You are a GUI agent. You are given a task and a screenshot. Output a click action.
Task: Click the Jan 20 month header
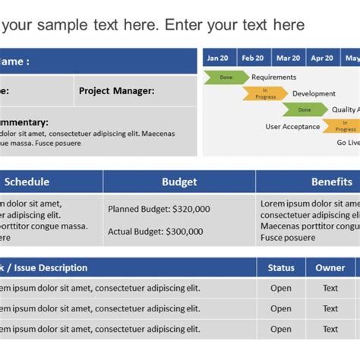click(218, 58)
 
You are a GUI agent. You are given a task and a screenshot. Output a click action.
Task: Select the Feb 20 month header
click(253, 58)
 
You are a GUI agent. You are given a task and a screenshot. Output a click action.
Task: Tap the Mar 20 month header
click(288, 58)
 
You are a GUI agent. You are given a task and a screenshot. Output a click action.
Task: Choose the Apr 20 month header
click(322, 58)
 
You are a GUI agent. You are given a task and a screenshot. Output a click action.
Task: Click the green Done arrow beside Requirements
click(226, 77)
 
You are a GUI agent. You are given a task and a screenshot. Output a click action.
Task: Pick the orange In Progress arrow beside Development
click(264, 93)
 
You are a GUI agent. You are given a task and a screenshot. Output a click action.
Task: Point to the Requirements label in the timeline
click(274, 77)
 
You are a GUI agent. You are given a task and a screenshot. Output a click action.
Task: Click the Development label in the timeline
click(314, 93)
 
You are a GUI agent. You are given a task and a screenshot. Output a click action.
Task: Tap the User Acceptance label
click(292, 127)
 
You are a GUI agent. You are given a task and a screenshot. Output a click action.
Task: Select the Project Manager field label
click(116, 90)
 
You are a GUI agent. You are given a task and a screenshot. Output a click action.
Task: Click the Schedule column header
click(27, 182)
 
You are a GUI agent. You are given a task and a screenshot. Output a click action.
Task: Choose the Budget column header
click(179, 182)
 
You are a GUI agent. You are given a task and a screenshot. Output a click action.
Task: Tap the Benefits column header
click(332, 182)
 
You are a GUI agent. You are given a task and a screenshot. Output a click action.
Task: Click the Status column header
click(281, 267)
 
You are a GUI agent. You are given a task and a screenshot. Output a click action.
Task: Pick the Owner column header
click(330, 267)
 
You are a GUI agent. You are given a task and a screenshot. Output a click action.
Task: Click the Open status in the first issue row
click(281, 288)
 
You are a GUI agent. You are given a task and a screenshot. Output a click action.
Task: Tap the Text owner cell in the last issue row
click(330, 329)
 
